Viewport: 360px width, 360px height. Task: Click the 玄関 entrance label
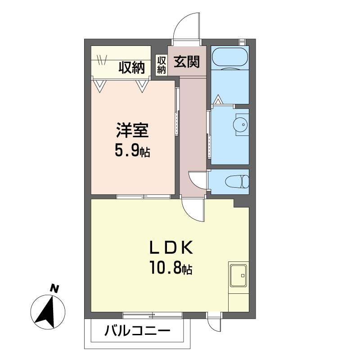186,62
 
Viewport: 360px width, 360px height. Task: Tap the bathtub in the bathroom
230,58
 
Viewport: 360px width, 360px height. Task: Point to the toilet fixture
237,182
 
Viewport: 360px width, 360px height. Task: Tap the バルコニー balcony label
137,331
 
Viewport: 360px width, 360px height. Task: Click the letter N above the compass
54,288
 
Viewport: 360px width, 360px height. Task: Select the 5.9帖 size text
132,151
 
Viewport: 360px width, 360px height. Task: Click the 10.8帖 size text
171,268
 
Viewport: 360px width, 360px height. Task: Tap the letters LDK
171,248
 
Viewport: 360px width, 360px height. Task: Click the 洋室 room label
132,130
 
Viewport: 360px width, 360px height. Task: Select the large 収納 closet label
131,68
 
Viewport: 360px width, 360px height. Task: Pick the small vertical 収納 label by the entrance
161,65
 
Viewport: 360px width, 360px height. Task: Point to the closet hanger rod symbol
102,60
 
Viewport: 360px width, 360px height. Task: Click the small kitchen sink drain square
243,275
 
